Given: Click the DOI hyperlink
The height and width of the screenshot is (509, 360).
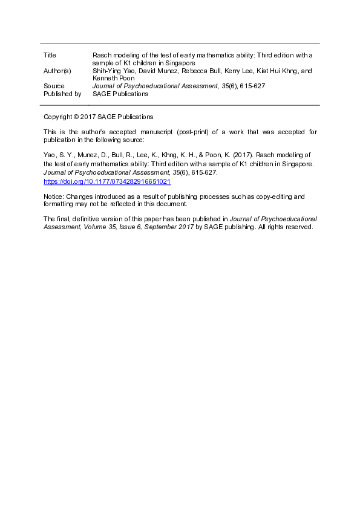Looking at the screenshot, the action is pyautogui.click(x=107, y=181).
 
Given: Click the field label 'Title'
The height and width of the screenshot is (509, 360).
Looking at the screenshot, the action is pyautogui.click(x=50, y=55).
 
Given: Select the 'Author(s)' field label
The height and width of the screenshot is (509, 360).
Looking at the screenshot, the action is pyautogui.click(x=57, y=71).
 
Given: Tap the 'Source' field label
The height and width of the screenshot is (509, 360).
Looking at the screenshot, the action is pyautogui.click(x=54, y=86).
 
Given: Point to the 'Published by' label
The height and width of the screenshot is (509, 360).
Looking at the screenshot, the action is pyautogui.click(x=62, y=94).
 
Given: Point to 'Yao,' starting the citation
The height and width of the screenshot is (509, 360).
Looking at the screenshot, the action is pyautogui.click(x=50, y=155).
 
